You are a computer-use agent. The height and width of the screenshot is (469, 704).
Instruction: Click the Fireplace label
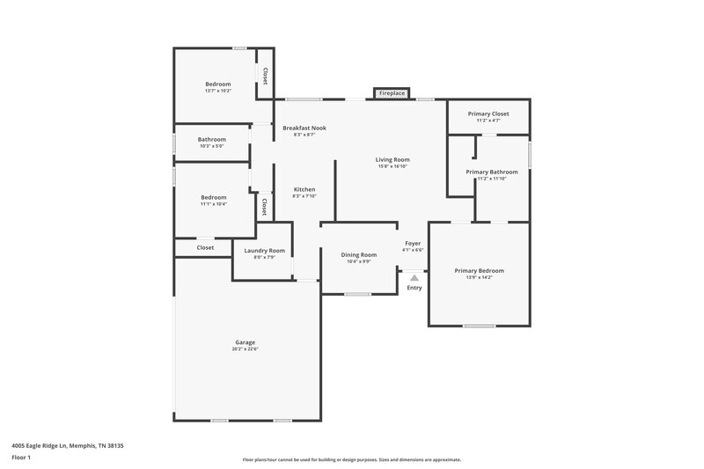point(392,93)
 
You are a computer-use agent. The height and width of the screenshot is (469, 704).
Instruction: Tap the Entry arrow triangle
point(414,277)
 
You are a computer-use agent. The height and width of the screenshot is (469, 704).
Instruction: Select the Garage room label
point(245,342)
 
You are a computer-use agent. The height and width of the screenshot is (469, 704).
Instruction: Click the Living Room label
point(392,159)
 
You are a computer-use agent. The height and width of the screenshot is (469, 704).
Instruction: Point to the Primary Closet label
point(488,114)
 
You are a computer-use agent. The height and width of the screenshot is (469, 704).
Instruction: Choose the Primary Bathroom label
point(492,172)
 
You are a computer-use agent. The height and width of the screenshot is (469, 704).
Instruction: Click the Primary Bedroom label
point(479,270)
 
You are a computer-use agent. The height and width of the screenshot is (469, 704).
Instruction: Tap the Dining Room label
point(358,254)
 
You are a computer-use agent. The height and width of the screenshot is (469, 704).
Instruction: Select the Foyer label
point(413,243)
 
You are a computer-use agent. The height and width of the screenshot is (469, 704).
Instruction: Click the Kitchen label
point(304,189)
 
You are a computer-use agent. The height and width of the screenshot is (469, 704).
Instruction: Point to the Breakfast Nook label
point(304,128)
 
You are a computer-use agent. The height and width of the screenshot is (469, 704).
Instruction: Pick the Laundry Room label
point(264,250)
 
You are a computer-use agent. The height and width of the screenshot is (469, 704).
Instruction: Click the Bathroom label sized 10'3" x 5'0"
point(211,139)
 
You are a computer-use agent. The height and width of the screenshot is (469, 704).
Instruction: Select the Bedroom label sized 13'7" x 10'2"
point(217,84)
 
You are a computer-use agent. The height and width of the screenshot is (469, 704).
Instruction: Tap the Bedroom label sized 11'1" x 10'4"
point(213,197)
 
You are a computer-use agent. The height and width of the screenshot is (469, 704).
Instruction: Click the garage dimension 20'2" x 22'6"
point(245,349)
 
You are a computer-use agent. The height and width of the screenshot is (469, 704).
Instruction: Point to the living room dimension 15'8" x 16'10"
point(392,166)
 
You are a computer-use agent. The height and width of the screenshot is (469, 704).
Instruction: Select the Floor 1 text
point(22,458)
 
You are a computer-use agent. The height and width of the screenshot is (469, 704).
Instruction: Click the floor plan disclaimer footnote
point(351,459)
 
